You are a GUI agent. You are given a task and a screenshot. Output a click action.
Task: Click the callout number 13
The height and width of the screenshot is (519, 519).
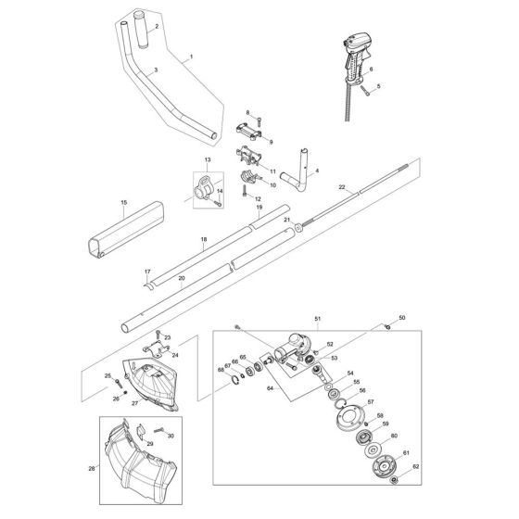tap(208, 159)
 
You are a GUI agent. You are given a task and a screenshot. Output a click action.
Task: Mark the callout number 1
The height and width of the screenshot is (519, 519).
tap(191, 56)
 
